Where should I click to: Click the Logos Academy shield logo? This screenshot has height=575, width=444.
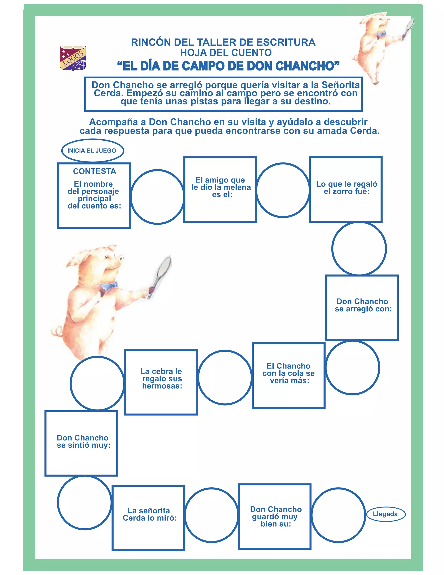[73, 59]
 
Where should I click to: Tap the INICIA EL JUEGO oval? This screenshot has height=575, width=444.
[92, 151]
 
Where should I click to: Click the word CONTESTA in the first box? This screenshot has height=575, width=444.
[95, 171]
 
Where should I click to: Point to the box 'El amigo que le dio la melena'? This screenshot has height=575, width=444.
[220, 190]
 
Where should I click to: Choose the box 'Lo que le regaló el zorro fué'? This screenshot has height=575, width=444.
[346, 190]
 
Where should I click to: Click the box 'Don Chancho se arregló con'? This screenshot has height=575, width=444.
[362, 307]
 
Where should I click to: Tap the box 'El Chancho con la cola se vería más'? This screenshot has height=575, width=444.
[289, 375]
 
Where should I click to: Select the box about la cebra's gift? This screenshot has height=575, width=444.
[161, 382]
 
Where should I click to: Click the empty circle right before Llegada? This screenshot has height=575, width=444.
[338, 515]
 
